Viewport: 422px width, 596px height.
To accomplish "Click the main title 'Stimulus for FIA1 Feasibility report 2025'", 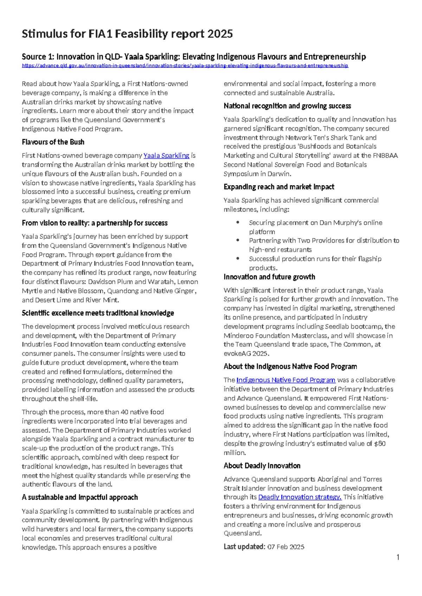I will tap(127, 34).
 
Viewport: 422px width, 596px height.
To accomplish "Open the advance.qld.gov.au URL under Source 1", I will tap(185, 66).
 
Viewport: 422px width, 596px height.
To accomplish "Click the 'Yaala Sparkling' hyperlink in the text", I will tap(166, 156).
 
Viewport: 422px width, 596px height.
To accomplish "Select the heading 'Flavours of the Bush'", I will tap(53, 142).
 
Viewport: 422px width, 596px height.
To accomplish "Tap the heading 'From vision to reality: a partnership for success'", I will tap(95, 223).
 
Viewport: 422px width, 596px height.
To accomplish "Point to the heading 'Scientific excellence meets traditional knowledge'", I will tap(98, 313).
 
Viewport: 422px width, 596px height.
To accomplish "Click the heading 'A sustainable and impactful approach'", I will tap(79, 497).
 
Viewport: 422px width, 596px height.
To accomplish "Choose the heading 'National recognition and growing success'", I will tap(287, 106).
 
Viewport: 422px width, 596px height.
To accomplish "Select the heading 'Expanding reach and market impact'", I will tap(279, 187).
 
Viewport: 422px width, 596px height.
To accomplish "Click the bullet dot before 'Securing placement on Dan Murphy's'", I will tap(238, 222).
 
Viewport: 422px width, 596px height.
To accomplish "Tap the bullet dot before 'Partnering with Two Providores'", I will tap(238, 241).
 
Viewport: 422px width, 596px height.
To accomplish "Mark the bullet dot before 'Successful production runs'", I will tap(238, 259).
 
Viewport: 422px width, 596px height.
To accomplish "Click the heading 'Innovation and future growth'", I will tap(269, 277).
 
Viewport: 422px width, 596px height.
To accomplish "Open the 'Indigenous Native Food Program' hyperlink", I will tap(286, 380).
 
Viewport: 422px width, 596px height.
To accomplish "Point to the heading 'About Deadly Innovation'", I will tap(262, 466).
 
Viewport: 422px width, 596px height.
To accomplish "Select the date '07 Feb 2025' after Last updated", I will tap(286, 547).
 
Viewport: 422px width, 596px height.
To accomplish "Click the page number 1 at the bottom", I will tap(398, 557).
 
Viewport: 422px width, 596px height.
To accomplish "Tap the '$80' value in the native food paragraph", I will tap(380, 444).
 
